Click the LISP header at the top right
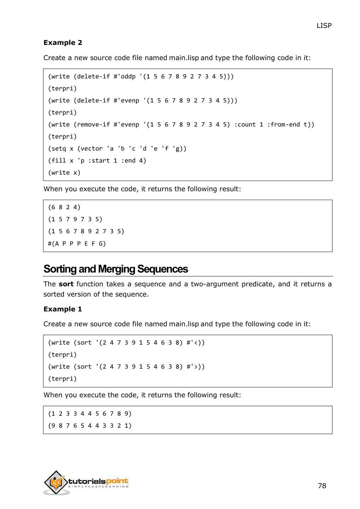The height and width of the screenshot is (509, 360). (324, 25)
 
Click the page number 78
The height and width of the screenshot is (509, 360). (322, 486)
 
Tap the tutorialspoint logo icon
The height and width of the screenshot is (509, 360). (56, 482)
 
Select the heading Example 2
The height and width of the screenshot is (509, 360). (63, 42)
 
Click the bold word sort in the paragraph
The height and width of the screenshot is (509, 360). (66, 284)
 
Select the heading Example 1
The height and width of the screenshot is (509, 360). (63, 309)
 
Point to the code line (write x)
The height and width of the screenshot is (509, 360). (64, 173)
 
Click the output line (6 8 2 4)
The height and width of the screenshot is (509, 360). (64, 207)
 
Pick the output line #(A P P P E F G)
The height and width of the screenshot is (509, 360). (77, 244)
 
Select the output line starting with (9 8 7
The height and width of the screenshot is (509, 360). (90, 426)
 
